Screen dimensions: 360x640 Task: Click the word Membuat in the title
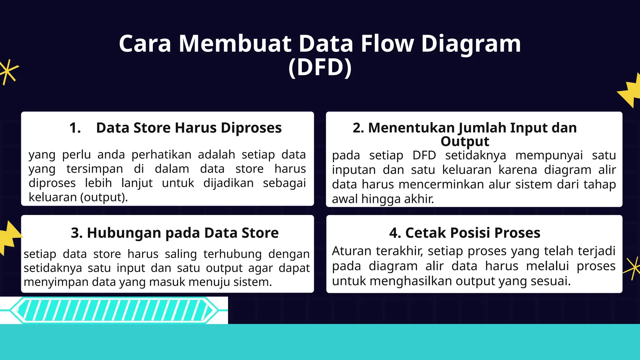coord(235,43)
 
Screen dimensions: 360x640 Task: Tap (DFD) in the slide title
coord(320,67)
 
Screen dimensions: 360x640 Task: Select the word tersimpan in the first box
coord(94,169)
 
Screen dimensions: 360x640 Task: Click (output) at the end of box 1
coord(104,197)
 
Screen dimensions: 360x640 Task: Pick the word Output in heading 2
coord(465,142)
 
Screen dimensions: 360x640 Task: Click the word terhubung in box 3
coord(232,254)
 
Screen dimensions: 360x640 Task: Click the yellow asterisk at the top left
coord(8,72)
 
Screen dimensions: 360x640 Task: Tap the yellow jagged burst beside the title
coord(630,90)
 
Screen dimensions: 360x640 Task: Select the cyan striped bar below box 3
coord(114,310)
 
